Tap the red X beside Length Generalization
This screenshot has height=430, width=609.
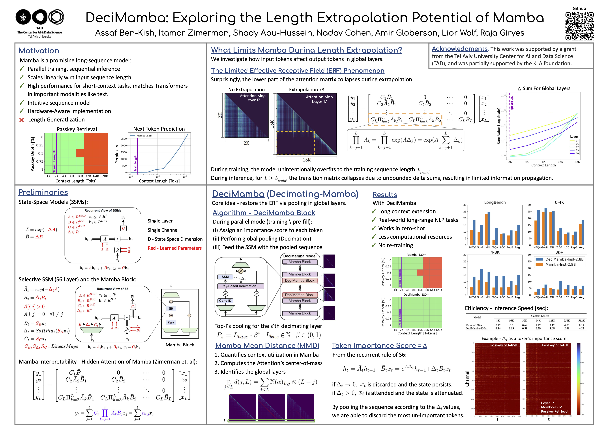22,120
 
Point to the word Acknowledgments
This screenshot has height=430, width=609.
459,49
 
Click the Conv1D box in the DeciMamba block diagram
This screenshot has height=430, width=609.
225,301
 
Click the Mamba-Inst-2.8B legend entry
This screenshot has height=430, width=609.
560,265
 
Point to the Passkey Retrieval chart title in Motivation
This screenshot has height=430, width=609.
77,129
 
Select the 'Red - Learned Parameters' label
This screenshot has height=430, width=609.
174,248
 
